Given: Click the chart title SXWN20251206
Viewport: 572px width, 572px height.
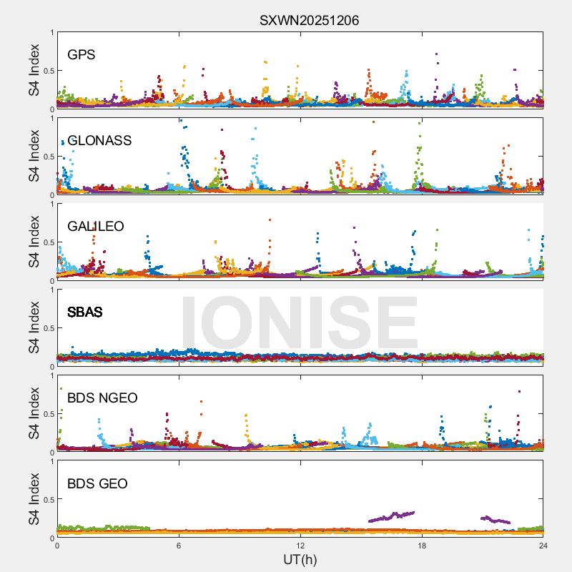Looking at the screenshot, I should (x=309, y=20).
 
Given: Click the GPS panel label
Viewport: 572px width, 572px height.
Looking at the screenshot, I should (x=82, y=54).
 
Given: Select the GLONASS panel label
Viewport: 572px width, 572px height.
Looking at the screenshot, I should (x=99, y=140).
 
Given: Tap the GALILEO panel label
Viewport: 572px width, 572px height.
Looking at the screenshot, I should (x=96, y=226).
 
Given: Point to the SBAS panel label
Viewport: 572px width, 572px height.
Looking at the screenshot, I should (x=85, y=312).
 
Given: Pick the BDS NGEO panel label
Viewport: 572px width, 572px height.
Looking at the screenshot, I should (x=102, y=398).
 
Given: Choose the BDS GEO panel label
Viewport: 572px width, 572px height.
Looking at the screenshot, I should (x=97, y=483).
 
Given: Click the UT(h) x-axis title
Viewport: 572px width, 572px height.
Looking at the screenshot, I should (x=300, y=559).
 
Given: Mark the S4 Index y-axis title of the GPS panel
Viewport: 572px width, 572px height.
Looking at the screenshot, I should (x=34, y=70).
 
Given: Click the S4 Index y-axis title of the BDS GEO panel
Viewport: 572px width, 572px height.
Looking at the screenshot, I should (x=34, y=499).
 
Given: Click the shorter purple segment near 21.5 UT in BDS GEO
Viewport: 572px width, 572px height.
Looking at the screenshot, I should (x=495, y=520).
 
